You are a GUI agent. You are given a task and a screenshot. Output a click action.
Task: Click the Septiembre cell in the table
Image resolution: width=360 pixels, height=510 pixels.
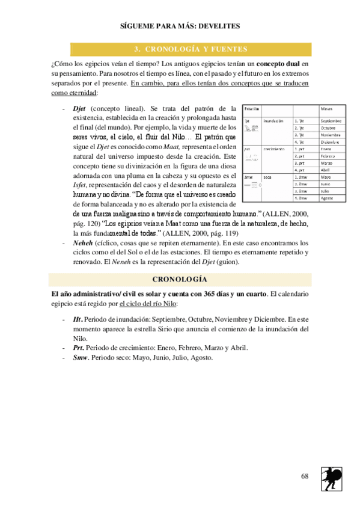[331, 120]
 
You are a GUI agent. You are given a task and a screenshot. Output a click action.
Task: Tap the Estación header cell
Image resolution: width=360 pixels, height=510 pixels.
[252, 108]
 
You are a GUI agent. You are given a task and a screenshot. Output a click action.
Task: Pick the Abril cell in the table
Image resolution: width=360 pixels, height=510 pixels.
[326, 170]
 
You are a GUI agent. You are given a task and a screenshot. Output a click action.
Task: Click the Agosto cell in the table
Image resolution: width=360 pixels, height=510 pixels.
[328, 198]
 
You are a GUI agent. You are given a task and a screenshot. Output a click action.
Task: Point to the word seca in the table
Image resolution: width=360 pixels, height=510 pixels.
[267, 177]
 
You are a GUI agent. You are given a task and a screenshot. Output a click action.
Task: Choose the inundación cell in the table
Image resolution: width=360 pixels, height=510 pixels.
[273, 120]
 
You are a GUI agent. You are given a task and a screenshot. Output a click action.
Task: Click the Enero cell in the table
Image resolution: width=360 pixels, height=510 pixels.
[326, 149]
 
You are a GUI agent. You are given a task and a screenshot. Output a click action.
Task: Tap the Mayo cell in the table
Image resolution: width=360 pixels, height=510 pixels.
[326, 177]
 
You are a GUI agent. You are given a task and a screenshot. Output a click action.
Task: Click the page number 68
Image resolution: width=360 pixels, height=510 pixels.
[305, 476]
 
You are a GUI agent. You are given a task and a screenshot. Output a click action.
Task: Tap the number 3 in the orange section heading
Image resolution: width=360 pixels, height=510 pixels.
[136, 49]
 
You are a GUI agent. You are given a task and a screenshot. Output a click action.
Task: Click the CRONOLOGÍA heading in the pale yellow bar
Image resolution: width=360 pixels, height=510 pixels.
[180, 280]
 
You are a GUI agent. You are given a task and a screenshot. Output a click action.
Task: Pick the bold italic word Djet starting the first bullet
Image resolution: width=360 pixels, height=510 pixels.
[79, 108]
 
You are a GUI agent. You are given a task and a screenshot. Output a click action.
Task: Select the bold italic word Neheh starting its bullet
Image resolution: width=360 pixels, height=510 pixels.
[82, 243]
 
